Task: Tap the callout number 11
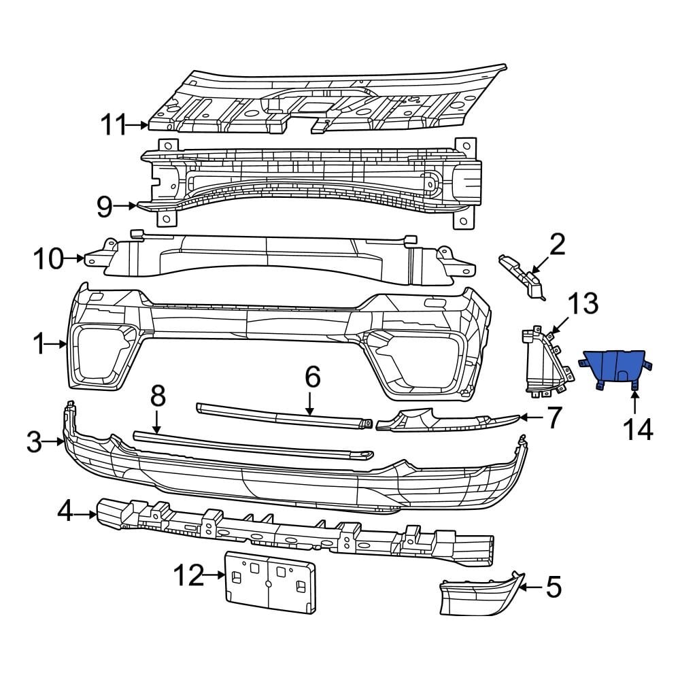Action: click(114, 125)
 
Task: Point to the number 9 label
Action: click(104, 206)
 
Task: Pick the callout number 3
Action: click(35, 443)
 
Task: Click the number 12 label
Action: click(188, 576)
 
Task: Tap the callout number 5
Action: click(554, 587)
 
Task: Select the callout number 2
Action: click(557, 245)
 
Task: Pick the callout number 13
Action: click(583, 303)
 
